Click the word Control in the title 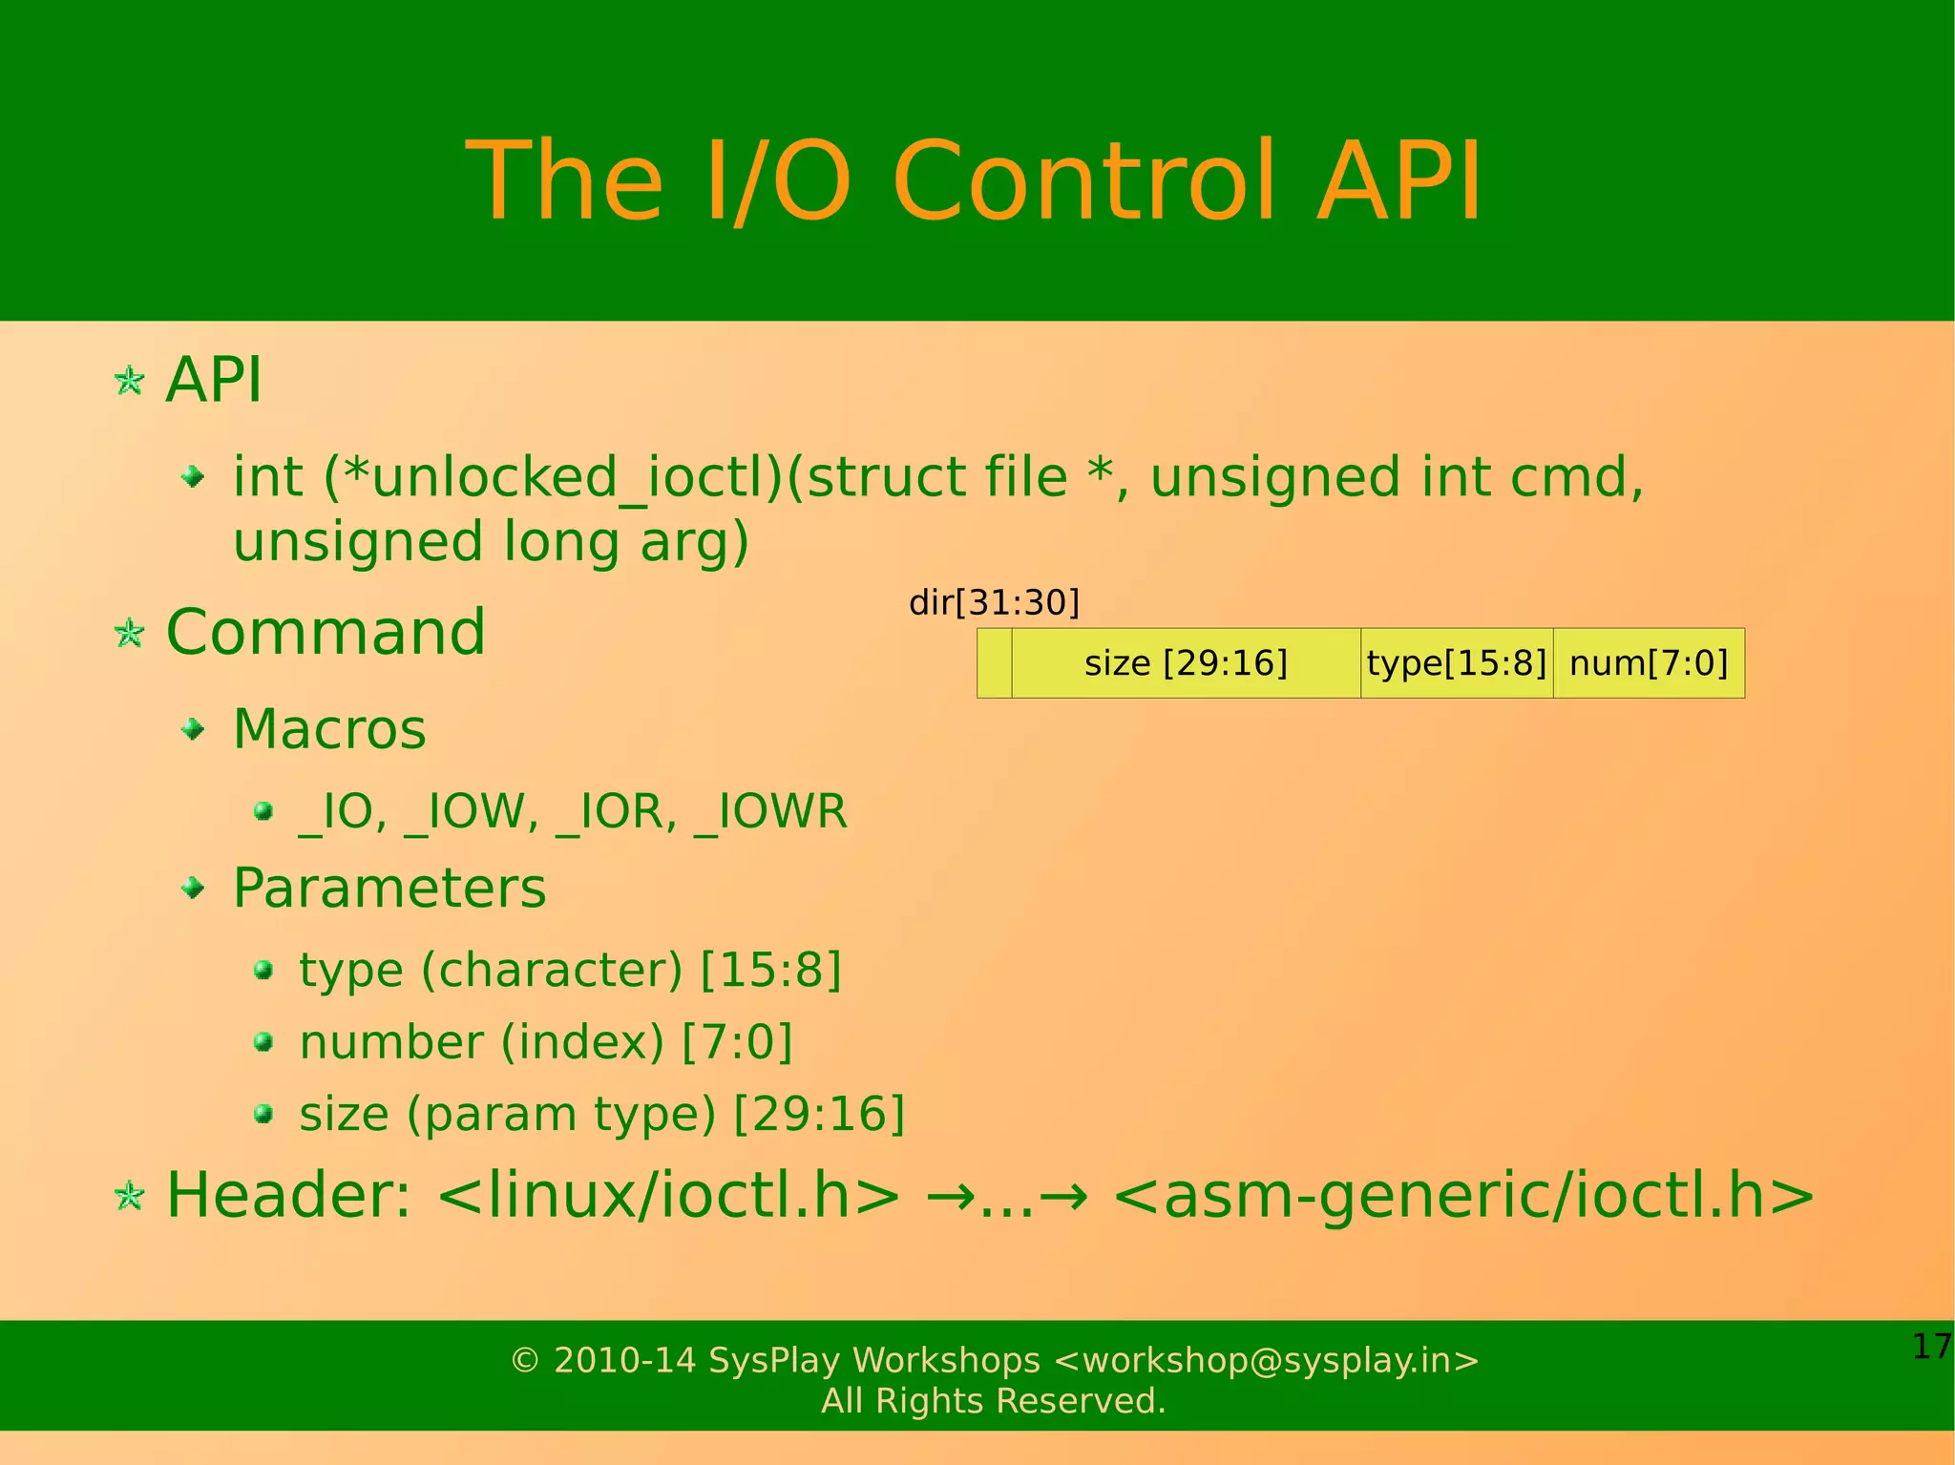click(x=1083, y=181)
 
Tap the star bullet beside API click(x=129, y=382)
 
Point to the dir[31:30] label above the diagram click(x=994, y=602)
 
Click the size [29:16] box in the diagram click(x=1186, y=663)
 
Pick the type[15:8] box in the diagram click(x=1456, y=663)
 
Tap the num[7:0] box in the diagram click(x=1649, y=663)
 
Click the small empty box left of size click(x=994, y=663)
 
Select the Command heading click(x=326, y=633)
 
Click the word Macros click(x=329, y=730)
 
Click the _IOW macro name click(x=472, y=812)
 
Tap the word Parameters click(x=389, y=889)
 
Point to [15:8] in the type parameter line click(x=771, y=971)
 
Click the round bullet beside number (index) click(x=264, y=1042)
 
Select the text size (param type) click(x=507, y=1115)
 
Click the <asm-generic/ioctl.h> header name click(x=1462, y=1196)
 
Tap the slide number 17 click(x=1931, y=1347)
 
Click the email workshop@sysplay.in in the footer click(x=1267, y=1360)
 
